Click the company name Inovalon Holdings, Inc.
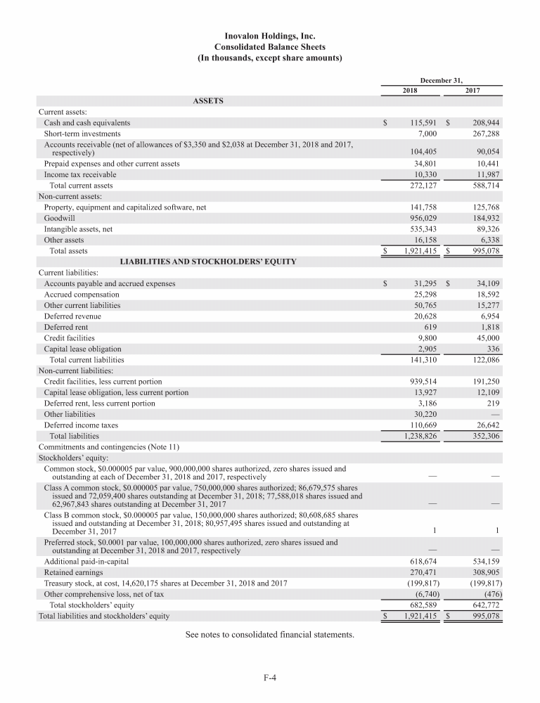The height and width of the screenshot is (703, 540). (x=270, y=35)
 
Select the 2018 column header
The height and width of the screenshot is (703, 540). (x=410, y=91)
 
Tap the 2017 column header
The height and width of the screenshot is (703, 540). (x=473, y=91)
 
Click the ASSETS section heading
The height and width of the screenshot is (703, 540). (x=208, y=101)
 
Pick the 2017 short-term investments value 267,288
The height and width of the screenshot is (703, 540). (x=484, y=133)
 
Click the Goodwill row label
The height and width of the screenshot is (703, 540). (x=59, y=218)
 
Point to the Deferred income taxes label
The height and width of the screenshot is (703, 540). (x=81, y=425)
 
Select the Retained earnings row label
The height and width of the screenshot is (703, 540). (x=73, y=573)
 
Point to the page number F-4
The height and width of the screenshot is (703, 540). (x=269, y=678)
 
